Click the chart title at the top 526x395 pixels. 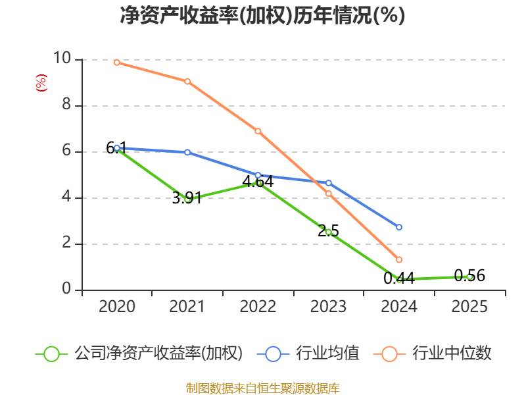point(262,16)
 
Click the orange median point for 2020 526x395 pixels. point(117,63)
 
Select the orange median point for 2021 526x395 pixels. point(187,82)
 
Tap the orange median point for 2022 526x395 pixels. point(258,131)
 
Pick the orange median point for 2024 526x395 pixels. point(399,260)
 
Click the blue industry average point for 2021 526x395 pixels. point(187,152)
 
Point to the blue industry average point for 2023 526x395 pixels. point(329,183)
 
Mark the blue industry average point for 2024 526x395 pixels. point(399,227)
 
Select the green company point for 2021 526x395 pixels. point(187,199)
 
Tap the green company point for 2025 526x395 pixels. point(469,277)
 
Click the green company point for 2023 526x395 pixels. point(329,232)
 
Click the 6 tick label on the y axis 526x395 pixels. point(66,151)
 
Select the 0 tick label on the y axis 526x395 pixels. point(66,290)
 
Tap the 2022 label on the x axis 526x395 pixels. point(258,307)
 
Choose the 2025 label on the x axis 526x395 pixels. point(469,307)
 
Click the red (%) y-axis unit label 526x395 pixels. point(41,84)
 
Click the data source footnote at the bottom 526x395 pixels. point(262,388)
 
